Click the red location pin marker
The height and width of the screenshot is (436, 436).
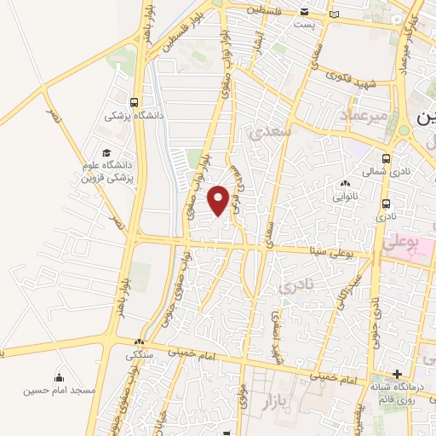(220, 200)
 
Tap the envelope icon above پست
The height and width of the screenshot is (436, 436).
(305, 11)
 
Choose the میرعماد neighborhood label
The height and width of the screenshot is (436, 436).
(364, 114)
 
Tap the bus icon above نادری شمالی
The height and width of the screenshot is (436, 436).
(387, 158)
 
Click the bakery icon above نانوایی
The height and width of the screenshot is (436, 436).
(345, 184)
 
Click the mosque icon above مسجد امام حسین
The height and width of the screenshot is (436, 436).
(60, 377)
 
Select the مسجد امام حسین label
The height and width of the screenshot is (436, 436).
(59, 390)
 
